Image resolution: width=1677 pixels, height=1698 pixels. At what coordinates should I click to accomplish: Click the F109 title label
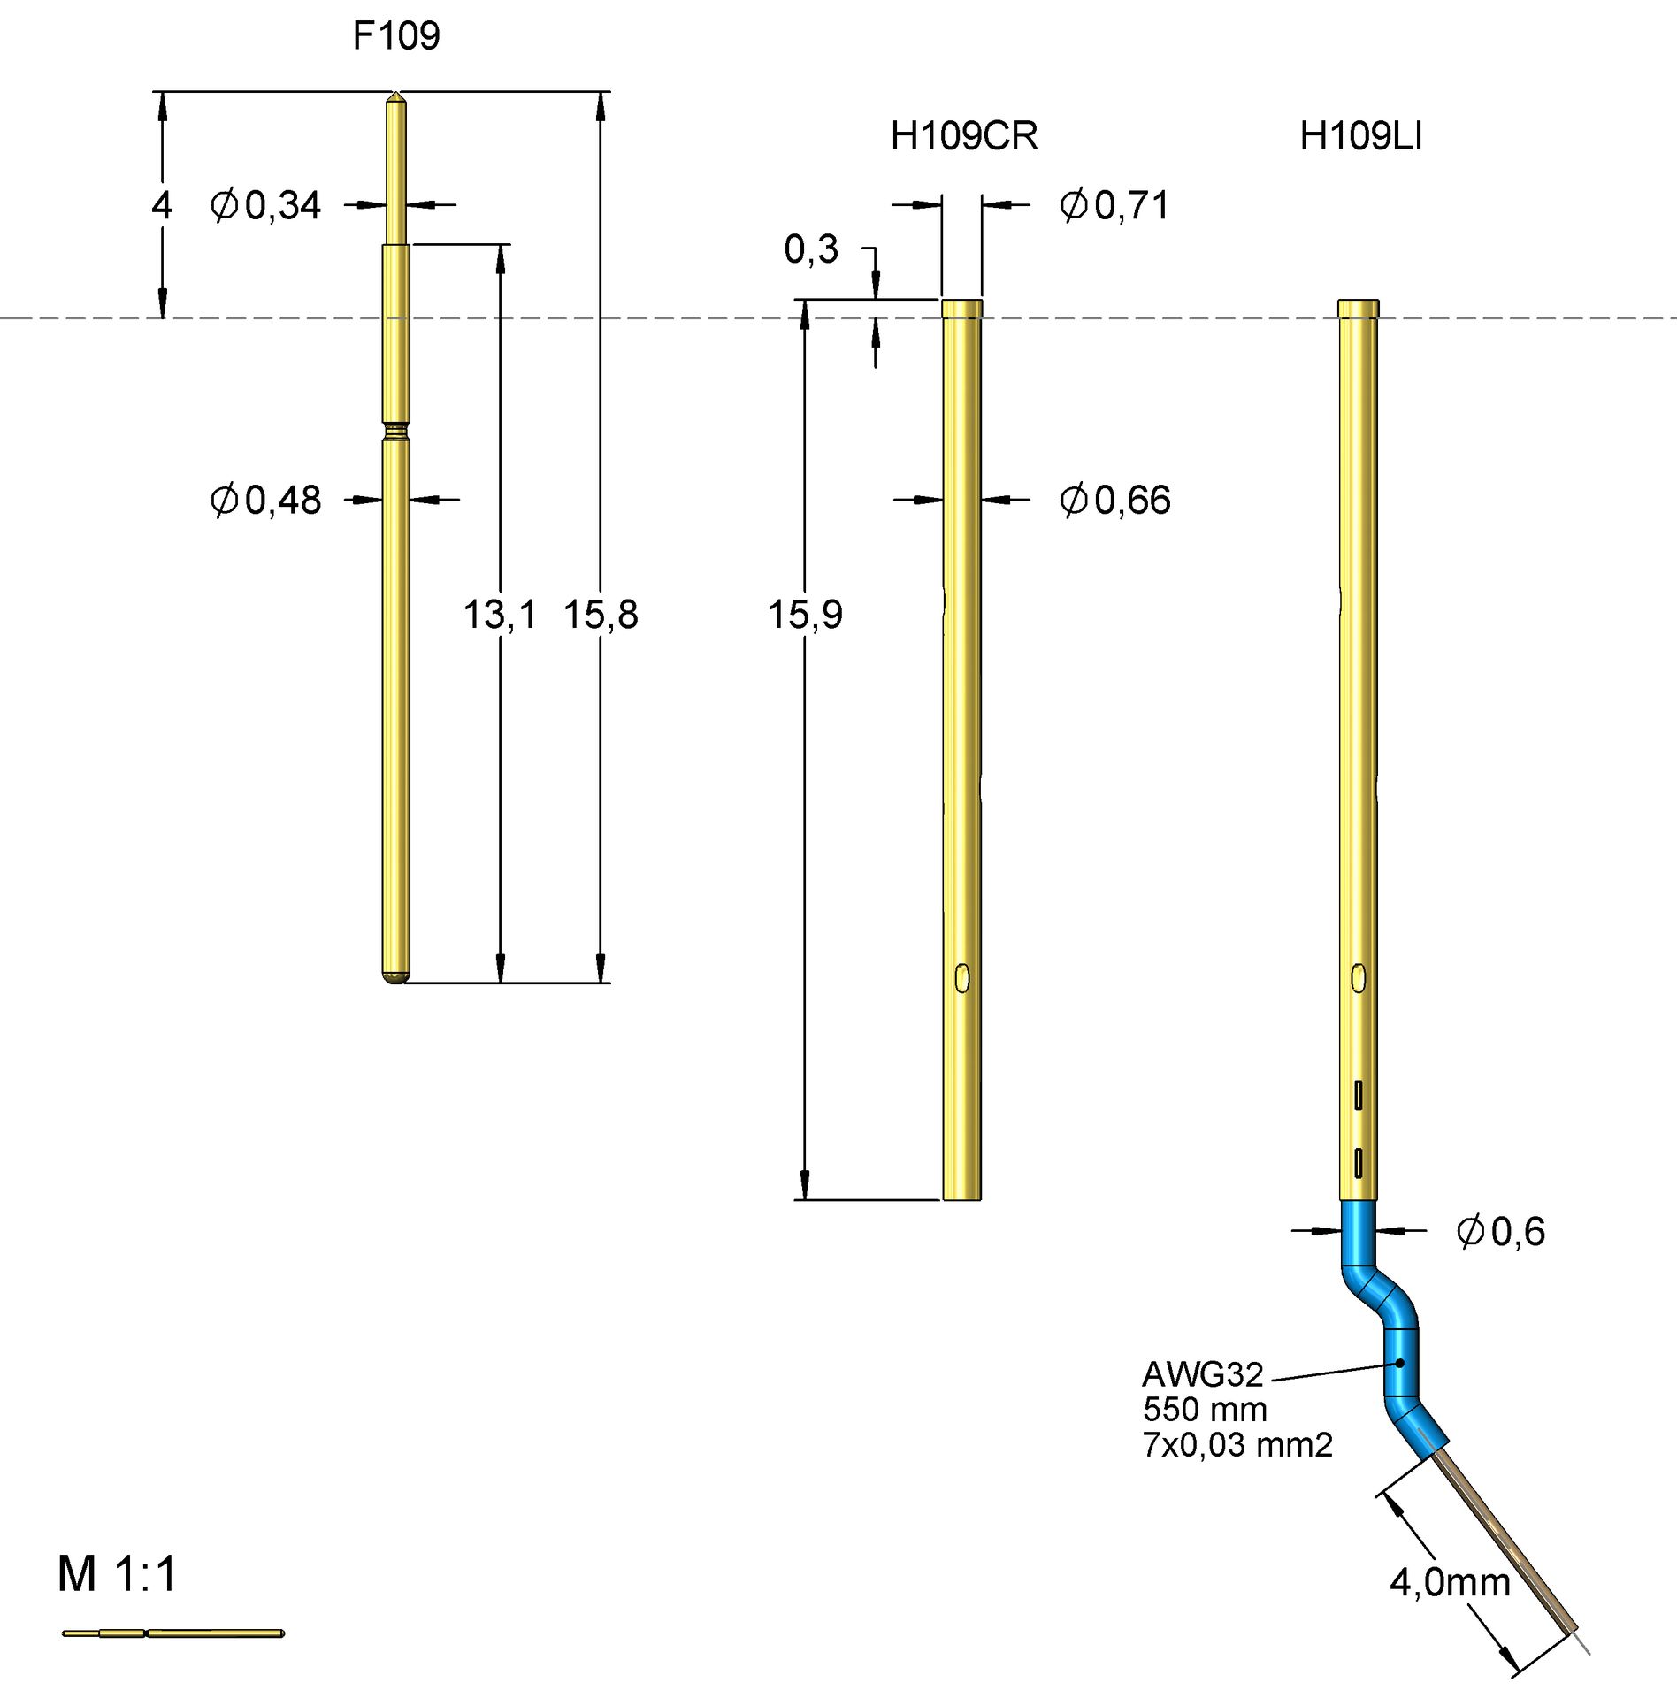point(395,36)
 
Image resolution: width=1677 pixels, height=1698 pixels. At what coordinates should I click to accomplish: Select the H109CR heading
point(963,136)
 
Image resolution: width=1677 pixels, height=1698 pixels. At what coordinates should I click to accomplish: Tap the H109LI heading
point(1360,136)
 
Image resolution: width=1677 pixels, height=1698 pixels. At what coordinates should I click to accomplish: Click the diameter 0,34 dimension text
point(265,205)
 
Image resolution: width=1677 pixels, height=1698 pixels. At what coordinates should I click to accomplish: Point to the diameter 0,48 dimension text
point(265,501)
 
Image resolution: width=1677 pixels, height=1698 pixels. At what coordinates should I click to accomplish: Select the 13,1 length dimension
point(500,614)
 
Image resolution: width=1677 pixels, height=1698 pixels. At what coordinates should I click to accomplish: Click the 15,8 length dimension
point(601,614)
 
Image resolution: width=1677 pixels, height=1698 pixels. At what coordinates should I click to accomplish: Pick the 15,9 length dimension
point(805,614)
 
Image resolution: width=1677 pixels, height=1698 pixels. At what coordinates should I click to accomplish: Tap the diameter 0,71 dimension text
point(1114,205)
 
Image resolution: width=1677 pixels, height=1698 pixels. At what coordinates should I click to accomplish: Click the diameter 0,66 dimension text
point(1114,501)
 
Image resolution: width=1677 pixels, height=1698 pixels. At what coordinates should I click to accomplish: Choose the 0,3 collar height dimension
point(810,249)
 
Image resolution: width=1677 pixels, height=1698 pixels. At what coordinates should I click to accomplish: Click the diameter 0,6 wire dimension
point(1500,1231)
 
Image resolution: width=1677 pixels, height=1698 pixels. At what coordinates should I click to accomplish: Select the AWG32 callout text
point(1202,1374)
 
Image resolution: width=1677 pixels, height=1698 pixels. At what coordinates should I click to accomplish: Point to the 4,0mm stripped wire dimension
point(1450,1582)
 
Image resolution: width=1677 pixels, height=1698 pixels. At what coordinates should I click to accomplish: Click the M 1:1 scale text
point(118,1574)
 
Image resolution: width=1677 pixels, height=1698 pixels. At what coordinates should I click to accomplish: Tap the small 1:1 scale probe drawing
point(173,1633)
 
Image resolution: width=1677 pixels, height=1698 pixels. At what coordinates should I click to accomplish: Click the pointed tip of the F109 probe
point(396,97)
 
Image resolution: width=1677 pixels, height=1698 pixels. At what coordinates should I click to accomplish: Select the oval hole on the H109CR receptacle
point(962,978)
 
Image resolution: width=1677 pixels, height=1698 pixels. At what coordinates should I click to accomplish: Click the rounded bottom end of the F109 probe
point(396,976)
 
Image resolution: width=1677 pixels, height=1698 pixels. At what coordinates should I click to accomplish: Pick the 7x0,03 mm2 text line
point(1237,1445)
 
